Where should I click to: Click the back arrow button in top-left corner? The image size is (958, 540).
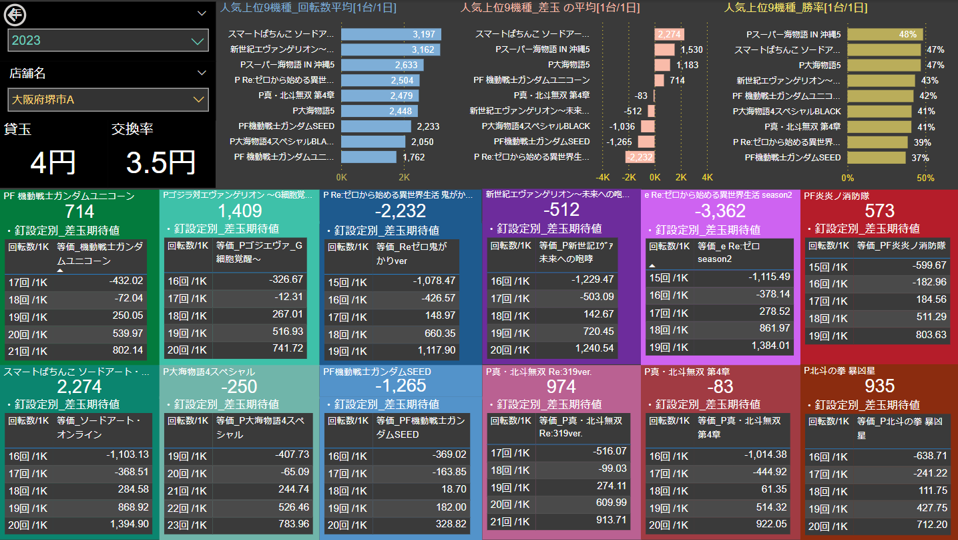tap(15, 13)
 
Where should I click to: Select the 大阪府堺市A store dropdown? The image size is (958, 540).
tap(108, 100)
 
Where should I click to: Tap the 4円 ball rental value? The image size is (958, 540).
tap(53, 162)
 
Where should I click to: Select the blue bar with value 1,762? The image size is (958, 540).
tap(369, 157)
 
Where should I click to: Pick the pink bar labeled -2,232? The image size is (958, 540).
tap(640, 157)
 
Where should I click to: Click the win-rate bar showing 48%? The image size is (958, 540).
tap(885, 34)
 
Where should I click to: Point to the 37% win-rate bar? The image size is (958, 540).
tap(877, 157)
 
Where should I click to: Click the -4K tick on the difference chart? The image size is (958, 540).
tap(603, 178)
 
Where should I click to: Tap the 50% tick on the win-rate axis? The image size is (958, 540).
tap(925, 178)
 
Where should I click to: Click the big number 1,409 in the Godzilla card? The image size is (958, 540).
tap(240, 212)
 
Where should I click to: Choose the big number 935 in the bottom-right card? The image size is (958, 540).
tap(880, 386)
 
